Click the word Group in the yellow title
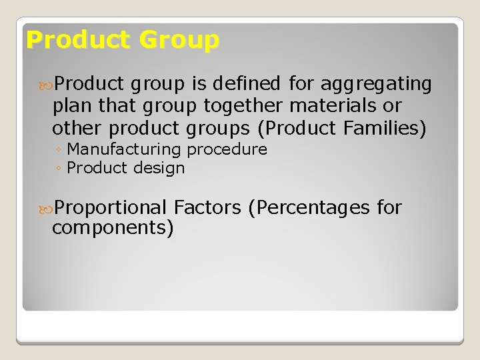tap(179, 41)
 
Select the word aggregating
tap(377, 85)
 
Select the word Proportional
tap(111, 208)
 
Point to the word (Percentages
tap(308, 208)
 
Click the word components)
tap(113, 229)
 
